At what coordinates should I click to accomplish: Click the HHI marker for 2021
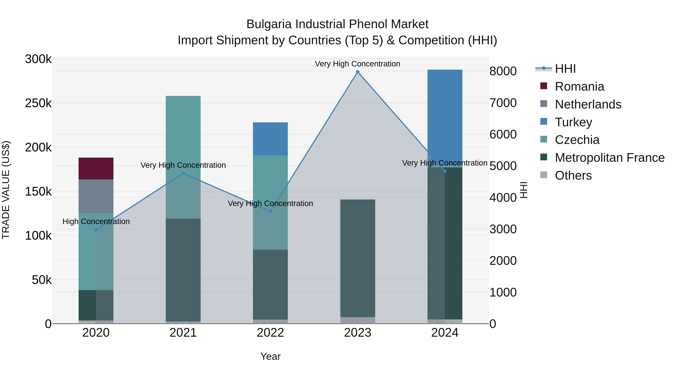183,173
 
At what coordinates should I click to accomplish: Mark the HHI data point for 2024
445,171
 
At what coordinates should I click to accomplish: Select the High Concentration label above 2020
96,221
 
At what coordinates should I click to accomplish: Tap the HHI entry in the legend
565,69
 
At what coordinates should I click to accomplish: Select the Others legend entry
573,175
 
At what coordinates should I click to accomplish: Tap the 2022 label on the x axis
270,333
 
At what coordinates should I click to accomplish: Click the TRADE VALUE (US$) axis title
6,190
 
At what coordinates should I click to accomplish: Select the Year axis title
270,356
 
